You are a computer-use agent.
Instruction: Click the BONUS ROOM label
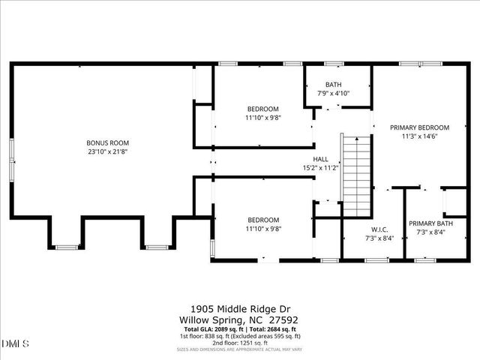pos(108,142)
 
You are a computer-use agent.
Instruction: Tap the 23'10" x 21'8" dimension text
pos(108,151)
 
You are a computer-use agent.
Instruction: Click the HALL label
pos(320,159)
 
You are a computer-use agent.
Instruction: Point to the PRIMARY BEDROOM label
pos(419,127)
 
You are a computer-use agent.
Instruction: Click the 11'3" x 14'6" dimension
pos(419,136)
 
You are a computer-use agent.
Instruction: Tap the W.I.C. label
pos(379,229)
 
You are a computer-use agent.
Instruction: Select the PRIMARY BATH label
pos(430,223)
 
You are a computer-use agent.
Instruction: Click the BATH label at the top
pos(333,85)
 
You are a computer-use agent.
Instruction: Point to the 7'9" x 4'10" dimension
pos(333,93)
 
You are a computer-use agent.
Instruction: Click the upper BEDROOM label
pos(262,109)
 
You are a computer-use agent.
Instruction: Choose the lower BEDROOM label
pos(262,220)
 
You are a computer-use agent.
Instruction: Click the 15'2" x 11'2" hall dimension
pos(320,168)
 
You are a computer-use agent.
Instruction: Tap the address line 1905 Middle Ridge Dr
pos(240,308)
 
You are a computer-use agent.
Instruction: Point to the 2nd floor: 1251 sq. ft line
pos(240,342)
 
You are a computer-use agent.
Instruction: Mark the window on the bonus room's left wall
pos(11,160)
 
